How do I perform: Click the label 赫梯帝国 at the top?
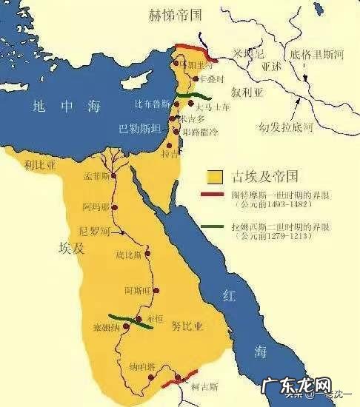pos(181,14)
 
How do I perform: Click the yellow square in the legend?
pos(216,178)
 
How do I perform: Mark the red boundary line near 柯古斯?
pos(181,377)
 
